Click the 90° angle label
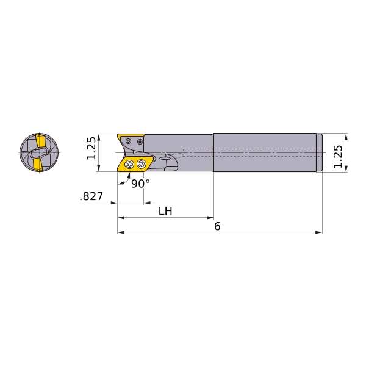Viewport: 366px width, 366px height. click(x=140, y=184)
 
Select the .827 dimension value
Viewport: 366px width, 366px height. click(x=91, y=196)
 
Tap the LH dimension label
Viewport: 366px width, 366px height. click(x=165, y=211)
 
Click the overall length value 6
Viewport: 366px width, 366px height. click(x=217, y=226)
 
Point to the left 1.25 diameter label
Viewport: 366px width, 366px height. click(x=91, y=148)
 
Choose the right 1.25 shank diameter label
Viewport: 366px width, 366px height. click(x=338, y=156)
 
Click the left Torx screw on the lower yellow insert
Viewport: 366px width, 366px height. click(x=129, y=164)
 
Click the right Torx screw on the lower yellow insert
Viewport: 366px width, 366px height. click(x=141, y=163)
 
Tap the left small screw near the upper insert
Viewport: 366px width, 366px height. click(x=128, y=142)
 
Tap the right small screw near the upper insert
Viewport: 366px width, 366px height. click(x=140, y=142)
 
